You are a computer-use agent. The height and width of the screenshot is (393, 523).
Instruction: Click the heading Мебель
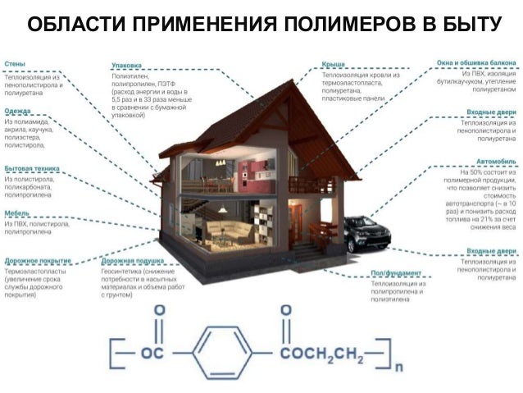[x=16, y=211]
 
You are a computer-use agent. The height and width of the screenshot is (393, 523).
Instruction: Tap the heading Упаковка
[x=125, y=65]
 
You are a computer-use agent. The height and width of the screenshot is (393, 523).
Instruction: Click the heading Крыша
[x=332, y=64]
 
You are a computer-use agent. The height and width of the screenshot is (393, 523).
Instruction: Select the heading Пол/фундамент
[x=397, y=272]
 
